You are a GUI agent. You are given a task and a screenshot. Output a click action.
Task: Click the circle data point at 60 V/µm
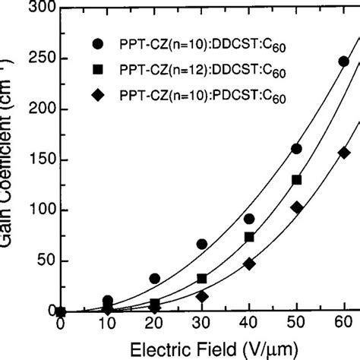pos(343,62)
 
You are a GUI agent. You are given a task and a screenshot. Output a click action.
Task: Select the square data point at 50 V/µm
pos(296,180)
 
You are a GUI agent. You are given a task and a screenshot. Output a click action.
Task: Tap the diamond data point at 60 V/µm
pos(343,152)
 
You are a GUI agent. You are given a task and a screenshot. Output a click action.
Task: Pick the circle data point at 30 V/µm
pos(202,244)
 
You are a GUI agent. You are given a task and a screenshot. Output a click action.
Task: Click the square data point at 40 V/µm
pos(249,237)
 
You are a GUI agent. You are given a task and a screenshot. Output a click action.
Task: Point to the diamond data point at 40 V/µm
pos(249,264)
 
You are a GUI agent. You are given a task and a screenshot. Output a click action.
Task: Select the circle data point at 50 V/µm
pos(296,149)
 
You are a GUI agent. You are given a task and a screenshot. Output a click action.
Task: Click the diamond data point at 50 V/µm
pos(296,207)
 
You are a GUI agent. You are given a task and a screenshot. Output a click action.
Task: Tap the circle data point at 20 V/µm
pos(155,279)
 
